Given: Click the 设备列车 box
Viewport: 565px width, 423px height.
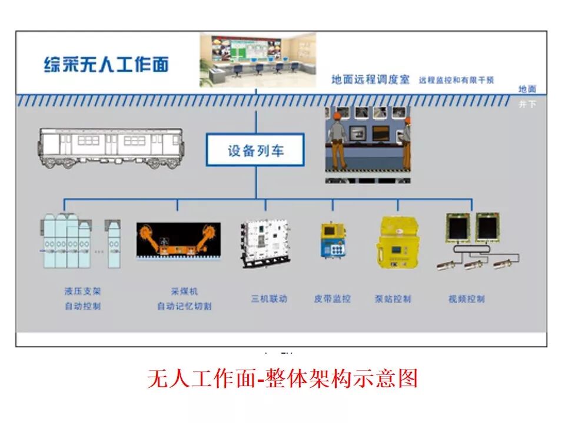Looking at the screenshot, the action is [x=255, y=150].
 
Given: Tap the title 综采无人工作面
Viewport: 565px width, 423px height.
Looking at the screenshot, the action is [x=106, y=64].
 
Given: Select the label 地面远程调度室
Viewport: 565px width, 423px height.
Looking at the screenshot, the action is [x=370, y=80].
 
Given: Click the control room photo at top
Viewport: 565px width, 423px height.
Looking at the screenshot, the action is [x=257, y=60].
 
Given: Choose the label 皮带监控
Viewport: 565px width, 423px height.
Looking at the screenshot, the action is [x=332, y=298].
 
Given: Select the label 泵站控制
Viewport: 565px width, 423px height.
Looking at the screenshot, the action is [x=393, y=298].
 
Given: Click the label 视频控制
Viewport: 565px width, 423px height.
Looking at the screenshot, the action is [x=466, y=298].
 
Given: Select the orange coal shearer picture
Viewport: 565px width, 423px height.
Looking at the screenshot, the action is [x=178, y=240].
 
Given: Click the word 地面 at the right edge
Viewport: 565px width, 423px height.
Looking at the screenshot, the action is [x=527, y=89].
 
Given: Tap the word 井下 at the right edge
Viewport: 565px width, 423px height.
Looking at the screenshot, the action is [x=527, y=105].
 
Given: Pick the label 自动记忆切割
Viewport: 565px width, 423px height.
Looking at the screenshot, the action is [x=184, y=306].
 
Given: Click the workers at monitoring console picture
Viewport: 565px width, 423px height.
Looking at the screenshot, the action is [x=368, y=145].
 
